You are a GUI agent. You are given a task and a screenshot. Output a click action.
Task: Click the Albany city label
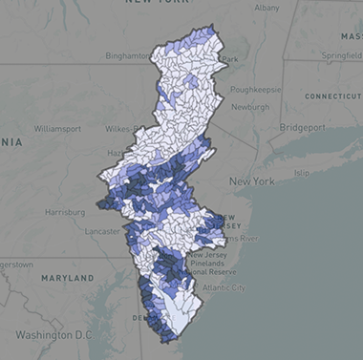267,8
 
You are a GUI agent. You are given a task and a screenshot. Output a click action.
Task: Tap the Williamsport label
59,127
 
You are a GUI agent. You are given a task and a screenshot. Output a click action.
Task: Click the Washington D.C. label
53,334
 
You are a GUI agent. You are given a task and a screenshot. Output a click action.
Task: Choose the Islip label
303,173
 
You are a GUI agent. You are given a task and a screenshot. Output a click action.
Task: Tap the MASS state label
349,35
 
